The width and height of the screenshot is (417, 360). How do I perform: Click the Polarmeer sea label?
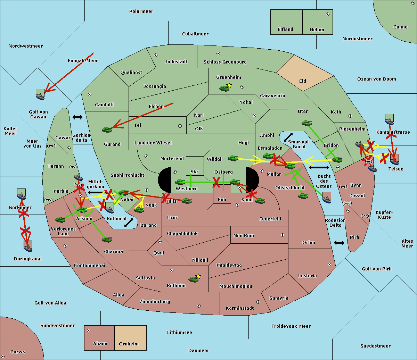point(141,11)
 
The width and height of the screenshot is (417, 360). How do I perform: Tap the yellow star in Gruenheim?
point(229,85)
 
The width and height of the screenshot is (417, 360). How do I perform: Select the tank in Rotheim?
point(193,279)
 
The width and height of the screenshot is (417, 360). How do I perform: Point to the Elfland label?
point(285,30)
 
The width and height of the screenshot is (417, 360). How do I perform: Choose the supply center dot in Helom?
point(327,14)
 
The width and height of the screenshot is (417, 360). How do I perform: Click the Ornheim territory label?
point(129,344)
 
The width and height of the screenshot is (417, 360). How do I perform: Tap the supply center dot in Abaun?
point(89,330)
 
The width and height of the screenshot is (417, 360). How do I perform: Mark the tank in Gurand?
point(107,129)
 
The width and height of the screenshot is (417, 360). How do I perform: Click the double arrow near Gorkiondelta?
point(77,117)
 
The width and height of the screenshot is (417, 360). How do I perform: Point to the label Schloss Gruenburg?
point(225,62)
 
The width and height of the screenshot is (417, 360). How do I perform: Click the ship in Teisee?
point(394,159)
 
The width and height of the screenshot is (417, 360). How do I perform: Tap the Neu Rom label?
point(244,236)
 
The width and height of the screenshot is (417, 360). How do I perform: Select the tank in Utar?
point(306,123)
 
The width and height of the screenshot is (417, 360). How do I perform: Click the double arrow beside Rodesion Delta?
point(339,243)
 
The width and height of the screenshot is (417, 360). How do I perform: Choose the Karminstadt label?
point(240,308)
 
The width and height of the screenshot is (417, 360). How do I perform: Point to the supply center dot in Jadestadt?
point(156,55)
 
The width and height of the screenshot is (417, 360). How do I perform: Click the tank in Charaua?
point(107,239)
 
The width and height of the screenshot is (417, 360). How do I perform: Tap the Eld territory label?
point(303,81)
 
